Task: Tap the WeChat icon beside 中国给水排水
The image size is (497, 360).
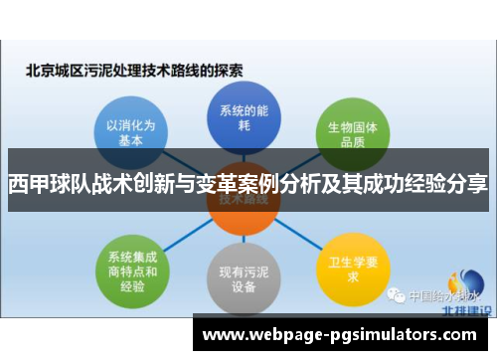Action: [396, 295]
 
